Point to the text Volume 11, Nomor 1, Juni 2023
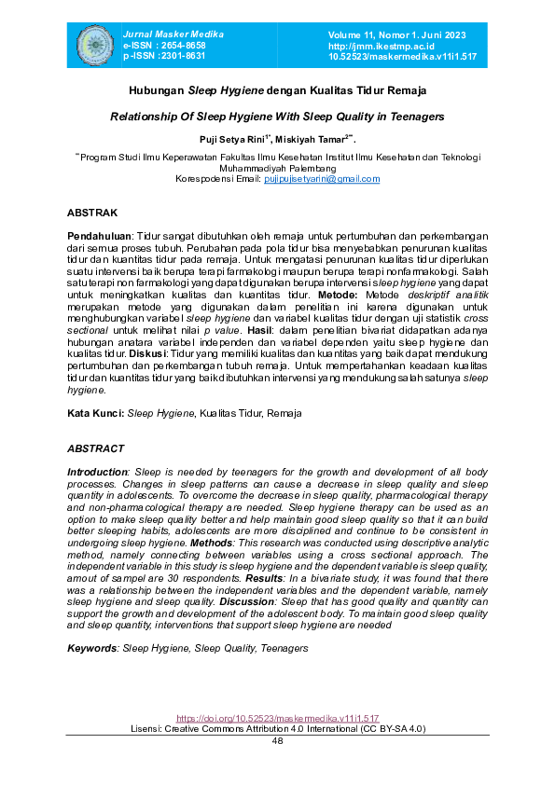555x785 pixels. (x=396, y=34)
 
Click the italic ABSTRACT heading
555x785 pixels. (x=95, y=448)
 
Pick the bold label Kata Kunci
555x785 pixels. (x=95, y=412)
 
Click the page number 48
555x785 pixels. (x=277, y=740)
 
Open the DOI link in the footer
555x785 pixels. (x=277, y=719)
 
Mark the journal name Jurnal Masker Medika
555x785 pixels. (x=168, y=34)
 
